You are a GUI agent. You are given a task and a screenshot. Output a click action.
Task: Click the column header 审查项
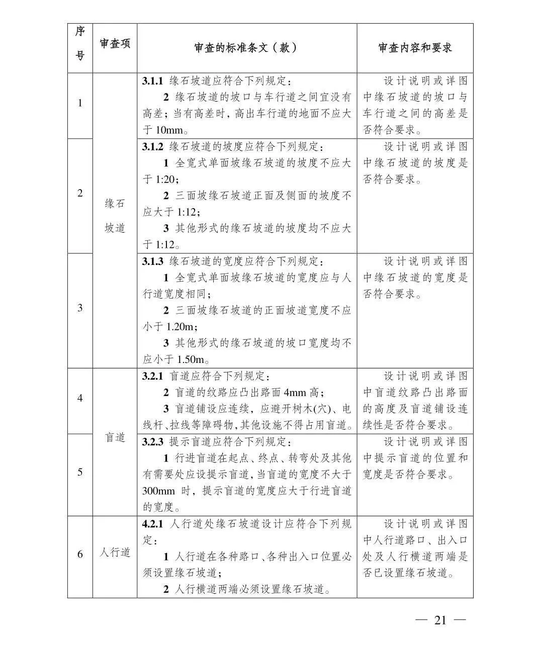pyautogui.click(x=115, y=44)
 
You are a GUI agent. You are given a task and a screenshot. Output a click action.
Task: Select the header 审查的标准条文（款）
pyautogui.click(x=246, y=48)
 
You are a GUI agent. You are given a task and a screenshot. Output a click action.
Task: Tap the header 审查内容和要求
pyautogui.click(x=415, y=48)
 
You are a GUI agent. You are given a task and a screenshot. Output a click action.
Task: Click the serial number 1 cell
pyautogui.click(x=80, y=104)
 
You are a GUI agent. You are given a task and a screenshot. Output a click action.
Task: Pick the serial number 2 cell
pyautogui.click(x=80, y=193)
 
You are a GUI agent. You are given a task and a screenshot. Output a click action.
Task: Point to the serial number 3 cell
pyautogui.click(x=80, y=308)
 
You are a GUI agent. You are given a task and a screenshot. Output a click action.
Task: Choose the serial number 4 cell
pyautogui.click(x=80, y=398)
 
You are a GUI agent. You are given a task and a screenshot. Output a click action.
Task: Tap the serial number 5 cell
pyautogui.click(x=80, y=472)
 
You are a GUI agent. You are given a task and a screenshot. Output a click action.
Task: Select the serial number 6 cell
pyautogui.click(x=80, y=554)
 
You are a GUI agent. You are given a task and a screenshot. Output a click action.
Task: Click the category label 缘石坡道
pyautogui.click(x=115, y=216)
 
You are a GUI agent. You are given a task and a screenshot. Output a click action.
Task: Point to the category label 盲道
pyautogui.click(x=115, y=437)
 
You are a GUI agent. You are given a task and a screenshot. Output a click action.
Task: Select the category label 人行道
pyautogui.click(x=115, y=552)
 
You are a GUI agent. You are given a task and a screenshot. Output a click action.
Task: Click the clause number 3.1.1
pyautogui.click(x=153, y=81)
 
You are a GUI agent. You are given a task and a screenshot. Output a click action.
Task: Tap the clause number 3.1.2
pyautogui.click(x=153, y=147)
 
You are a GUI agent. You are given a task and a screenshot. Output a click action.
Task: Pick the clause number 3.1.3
pyautogui.click(x=153, y=261)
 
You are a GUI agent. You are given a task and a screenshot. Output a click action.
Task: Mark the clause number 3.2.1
pyautogui.click(x=153, y=377)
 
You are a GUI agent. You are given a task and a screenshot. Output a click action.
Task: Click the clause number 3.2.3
pyautogui.click(x=153, y=442)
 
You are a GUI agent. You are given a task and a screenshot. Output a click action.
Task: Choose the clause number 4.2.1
pyautogui.click(x=153, y=524)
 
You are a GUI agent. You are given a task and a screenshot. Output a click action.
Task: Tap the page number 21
pyautogui.click(x=440, y=620)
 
